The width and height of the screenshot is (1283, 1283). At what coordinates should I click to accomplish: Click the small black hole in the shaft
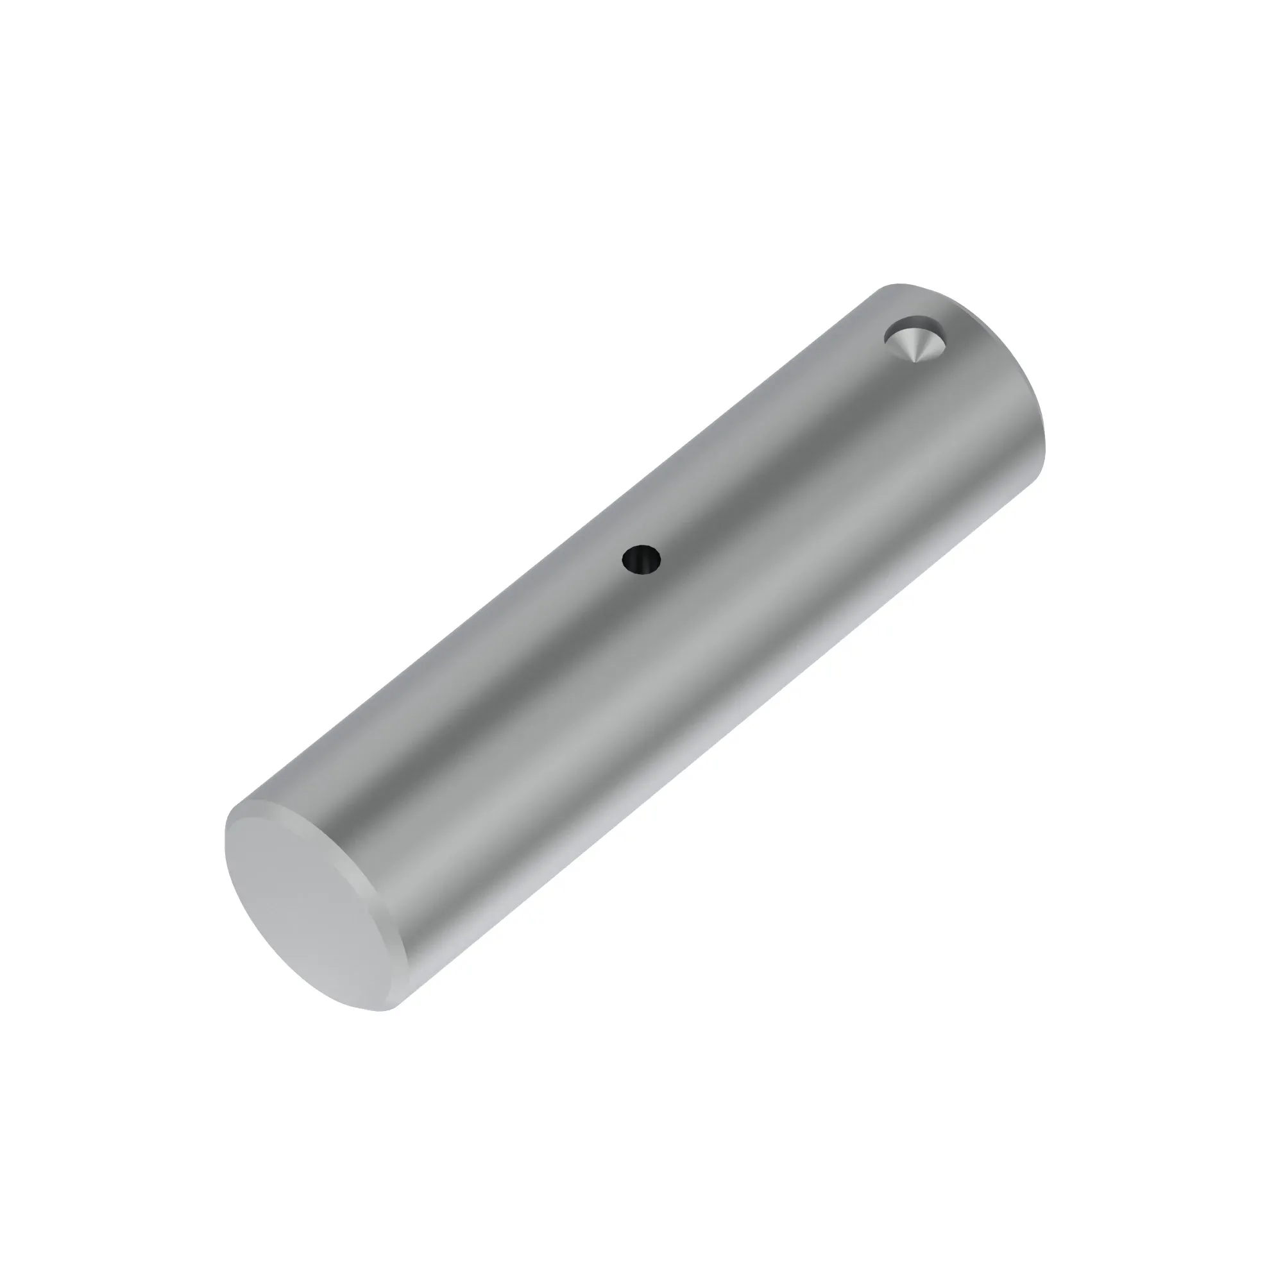pos(641,560)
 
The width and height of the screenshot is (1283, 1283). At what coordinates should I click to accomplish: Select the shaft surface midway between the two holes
pos(777,452)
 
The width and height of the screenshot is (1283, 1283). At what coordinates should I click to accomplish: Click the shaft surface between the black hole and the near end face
pos(518,717)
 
